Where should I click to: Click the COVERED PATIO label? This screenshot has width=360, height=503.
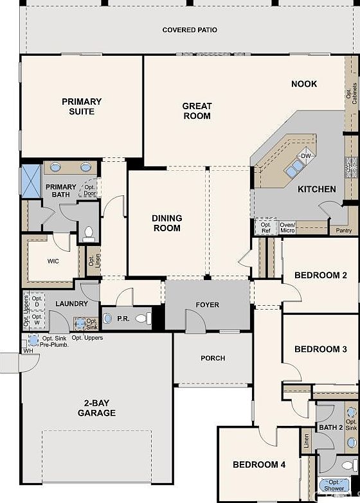[190, 30]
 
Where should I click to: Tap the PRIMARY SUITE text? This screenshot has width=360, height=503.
[82, 106]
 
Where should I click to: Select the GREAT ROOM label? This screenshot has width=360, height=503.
[197, 111]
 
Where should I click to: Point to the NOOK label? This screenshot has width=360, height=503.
[304, 84]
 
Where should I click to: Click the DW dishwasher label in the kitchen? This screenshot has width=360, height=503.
[306, 156]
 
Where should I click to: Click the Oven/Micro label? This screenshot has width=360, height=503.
[287, 226]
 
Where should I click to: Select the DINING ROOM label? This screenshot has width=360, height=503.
[167, 223]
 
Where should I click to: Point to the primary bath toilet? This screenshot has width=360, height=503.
[89, 233]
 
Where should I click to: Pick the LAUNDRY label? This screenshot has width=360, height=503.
[67, 303]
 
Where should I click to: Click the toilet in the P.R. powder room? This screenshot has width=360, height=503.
[141, 318]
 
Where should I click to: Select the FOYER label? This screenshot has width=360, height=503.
[207, 305]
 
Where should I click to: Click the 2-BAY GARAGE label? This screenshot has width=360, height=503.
[97, 408]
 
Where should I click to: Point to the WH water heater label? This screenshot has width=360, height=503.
[28, 351]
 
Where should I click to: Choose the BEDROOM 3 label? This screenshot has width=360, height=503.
[321, 349]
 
